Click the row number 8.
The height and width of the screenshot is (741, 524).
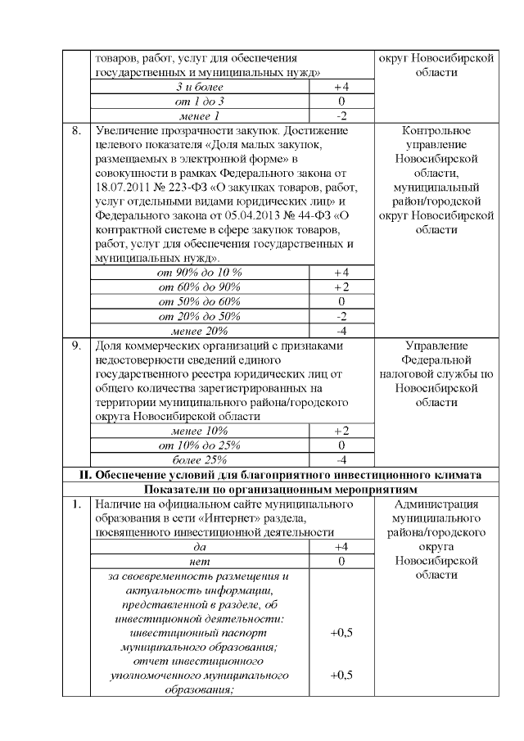click(x=76, y=130)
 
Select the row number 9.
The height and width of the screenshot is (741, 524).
click(x=76, y=346)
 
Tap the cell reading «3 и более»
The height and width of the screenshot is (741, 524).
click(x=200, y=87)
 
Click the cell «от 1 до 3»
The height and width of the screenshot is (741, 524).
click(x=200, y=101)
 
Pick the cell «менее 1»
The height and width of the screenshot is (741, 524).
click(x=200, y=115)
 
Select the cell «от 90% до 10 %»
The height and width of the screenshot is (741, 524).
click(x=200, y=272)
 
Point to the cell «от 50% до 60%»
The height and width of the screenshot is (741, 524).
click(x=200, y=301)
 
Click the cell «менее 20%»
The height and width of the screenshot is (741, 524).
click(x=200, y=331)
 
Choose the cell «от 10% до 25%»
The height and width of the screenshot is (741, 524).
click(x=200, y=445)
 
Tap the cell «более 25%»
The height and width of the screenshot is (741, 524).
click(x=200, y=459)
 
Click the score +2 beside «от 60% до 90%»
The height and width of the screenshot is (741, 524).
click(x=341, y=287)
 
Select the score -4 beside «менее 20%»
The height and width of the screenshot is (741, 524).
click(x=341, y=331)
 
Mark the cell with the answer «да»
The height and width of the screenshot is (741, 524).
click(x=200, y=547)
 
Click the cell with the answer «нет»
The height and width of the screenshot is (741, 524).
click(x=200, y=562)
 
